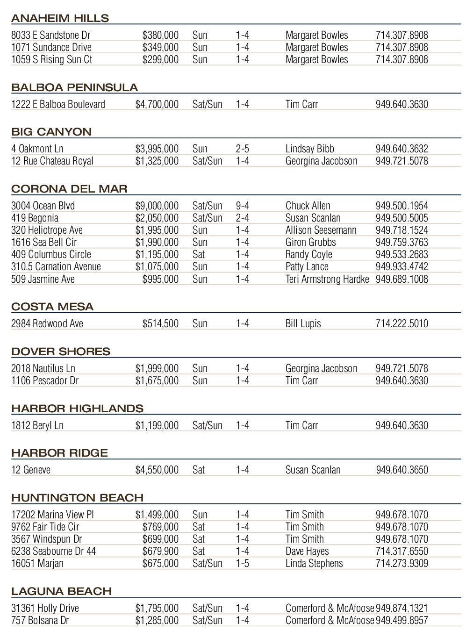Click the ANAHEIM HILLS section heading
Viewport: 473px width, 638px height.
60,18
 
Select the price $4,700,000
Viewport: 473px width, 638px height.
157,104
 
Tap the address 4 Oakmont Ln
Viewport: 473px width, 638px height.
37,149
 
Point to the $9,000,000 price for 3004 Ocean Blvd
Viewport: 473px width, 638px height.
157,206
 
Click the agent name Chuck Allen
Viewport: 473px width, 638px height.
308,206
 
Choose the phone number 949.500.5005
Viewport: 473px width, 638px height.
401,218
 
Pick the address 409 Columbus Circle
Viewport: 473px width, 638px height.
51,254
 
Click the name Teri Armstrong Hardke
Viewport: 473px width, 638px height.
327,279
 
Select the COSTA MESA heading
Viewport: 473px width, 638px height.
52,307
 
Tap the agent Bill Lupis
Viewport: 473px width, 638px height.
303,323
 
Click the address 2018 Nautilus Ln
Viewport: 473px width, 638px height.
43,368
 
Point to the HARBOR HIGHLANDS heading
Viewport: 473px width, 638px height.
77,409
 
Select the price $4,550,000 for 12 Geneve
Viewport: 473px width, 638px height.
157,470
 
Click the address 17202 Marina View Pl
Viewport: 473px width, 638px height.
52,515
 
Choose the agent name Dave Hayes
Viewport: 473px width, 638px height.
307,551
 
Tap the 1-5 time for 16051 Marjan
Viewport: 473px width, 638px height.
243,563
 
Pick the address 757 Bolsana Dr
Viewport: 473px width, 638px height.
40,620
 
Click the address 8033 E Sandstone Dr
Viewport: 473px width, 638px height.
50,35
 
